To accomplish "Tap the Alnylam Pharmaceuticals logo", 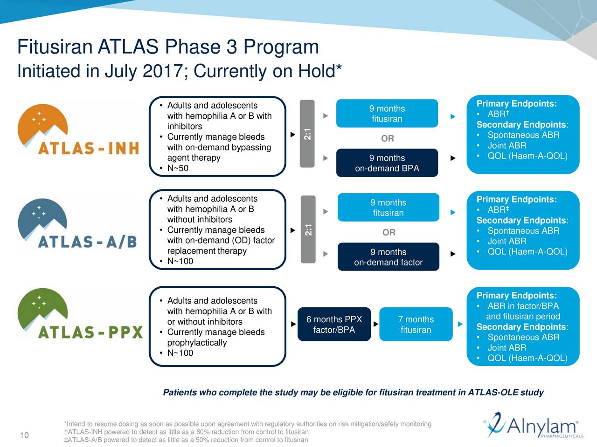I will pyautogui.click(x=532, y=426).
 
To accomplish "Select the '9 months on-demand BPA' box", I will pyautogui.click(x=387, y=163).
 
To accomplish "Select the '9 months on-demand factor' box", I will pyautogui.click(x=388, y=257).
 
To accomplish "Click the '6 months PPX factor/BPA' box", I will pyautogui.click(x=334, y=325).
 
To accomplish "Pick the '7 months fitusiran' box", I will pyautogui.click(x=416, y=325).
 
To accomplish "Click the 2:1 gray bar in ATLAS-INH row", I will pyautogui.click(x=307, y=134).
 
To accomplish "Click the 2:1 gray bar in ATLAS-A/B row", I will pyautogui.click(x=308, y=229).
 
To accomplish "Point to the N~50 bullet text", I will pyautogui.click(x=178, y=168).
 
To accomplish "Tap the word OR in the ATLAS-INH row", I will pyautogui.click(x=387, y=138).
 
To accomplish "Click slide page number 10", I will pyautogui.click(x=24, y=435).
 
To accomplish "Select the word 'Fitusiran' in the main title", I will pyautogui.click(x=54, y=47).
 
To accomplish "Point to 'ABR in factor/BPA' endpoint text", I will pyautogui.click(x=523, y=306).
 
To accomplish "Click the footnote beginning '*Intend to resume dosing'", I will pyautogui.click(x=247, y=424).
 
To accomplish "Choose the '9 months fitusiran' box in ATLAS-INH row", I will pyautogui.click(x=387, y=114).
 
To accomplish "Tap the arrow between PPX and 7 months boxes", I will pyautogui.click(x=375, y=324).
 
